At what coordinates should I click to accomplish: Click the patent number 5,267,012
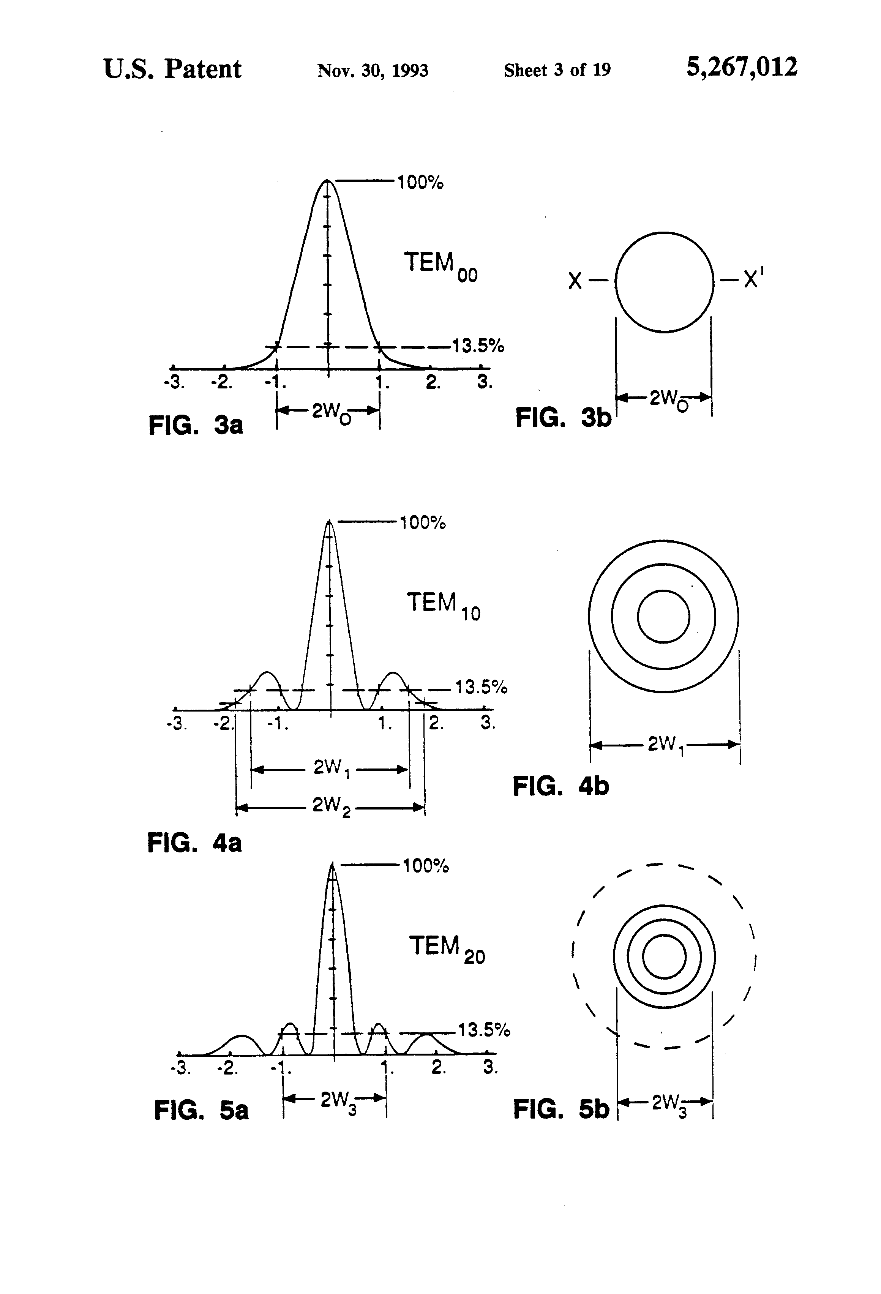click(x=742, y=68)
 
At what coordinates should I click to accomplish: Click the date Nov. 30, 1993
click(x=373, y=71)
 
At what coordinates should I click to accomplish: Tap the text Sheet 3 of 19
click(x=557, y=70)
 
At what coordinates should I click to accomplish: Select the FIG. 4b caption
click(x=561, y=787)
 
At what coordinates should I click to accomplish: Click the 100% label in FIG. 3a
click(x=420, y=182)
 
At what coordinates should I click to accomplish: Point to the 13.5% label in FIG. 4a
click(x=481, y=687)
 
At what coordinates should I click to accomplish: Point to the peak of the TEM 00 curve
click(x=327, y=180)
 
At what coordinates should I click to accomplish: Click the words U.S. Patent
click(x=173, y=69)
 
